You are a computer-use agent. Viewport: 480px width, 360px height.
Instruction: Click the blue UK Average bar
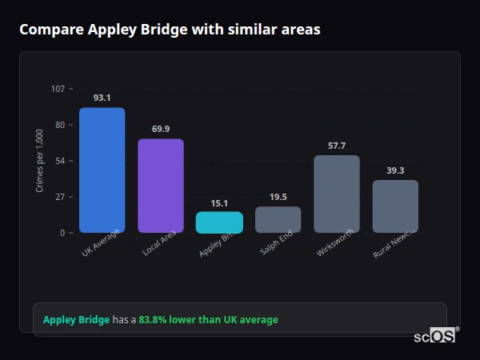(102, 170)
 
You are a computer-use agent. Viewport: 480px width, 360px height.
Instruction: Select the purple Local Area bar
(161, 186)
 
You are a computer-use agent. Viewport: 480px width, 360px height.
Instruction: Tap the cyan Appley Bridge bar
(219, 222)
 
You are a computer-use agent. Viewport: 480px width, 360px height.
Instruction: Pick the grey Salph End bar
(278, 220)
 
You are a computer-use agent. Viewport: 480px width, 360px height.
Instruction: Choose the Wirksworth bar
(337, 194)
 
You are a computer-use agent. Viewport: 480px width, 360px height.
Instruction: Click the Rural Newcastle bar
(395, 206)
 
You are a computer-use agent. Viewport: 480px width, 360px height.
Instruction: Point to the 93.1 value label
(102, 98)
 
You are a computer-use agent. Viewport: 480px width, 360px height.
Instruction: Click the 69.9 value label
(161, 129)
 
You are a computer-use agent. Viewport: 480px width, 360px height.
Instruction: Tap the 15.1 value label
(219, 203)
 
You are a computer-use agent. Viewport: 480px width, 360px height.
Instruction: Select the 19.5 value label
(278, 197)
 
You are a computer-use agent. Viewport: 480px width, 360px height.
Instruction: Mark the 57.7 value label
(337, 146)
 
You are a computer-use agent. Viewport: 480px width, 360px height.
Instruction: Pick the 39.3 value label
(395, 170)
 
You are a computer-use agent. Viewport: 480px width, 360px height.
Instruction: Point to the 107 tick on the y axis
(58, 88)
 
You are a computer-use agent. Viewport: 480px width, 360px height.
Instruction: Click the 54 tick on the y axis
(60, 161)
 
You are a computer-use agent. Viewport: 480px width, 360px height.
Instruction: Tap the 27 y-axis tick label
(60, 197)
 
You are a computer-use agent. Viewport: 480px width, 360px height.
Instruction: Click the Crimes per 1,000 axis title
(39, 160)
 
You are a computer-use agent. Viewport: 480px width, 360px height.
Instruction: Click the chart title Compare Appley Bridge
(170, 30)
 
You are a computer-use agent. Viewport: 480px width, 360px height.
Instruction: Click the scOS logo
(435, 337)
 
